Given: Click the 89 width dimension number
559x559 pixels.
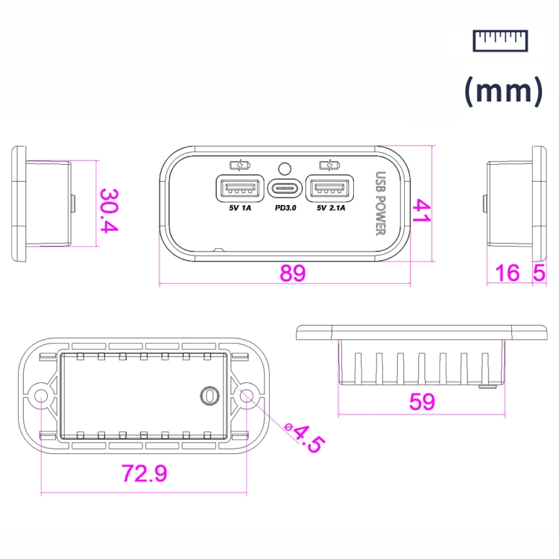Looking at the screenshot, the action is click(x=292, y=273).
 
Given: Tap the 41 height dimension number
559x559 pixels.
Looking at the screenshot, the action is click(x=422, y=211).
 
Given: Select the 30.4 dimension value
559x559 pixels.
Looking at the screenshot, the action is click(x=109, y=210).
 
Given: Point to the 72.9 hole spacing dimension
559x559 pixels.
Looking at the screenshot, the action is click(x=145, y=473).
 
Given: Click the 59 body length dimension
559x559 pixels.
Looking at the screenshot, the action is click(x=422, y=402).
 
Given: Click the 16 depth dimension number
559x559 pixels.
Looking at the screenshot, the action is click(x=508, y=273).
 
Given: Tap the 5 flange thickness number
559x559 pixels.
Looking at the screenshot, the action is click(x=539, y=273).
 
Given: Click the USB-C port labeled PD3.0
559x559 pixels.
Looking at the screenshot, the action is click(x=285, y=189).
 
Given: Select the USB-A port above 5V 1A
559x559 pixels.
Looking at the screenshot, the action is click(x=240, y=189).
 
